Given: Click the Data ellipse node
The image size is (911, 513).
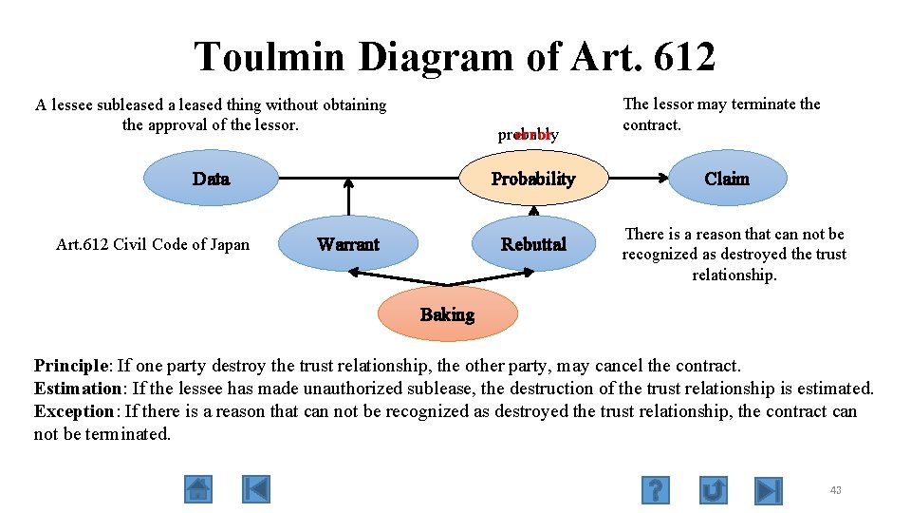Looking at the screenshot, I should click(x=210, y=179).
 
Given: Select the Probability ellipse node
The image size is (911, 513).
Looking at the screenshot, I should click(x=532, y=179).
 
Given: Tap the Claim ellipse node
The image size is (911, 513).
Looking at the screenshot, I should click(x=727, y=179).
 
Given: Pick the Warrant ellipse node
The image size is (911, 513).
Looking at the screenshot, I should click(x=348, y=244).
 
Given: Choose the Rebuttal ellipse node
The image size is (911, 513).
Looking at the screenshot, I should click(x=533, y=244).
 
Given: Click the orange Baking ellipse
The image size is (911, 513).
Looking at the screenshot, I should click(x=447, y=314).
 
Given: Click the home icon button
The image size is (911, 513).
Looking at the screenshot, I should click(x=198, y=489).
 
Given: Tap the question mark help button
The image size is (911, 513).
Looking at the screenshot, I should click(x=655, y=490).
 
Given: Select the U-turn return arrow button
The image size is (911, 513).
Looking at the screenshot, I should click(x=714, y=490).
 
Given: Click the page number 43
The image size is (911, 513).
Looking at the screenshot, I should click(x=835, y=490).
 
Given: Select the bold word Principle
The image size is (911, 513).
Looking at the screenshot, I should click(x=72, y=366).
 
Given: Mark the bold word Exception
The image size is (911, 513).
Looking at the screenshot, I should click(x=74, y=411).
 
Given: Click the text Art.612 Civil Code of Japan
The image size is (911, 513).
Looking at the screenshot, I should click(x=153, y=244).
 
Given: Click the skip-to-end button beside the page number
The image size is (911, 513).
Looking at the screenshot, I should click(x=769, y=490).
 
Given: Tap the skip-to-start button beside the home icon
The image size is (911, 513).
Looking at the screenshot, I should click(x=255, y=489).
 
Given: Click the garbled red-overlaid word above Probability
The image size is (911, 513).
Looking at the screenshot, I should click(x=529, y=135).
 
